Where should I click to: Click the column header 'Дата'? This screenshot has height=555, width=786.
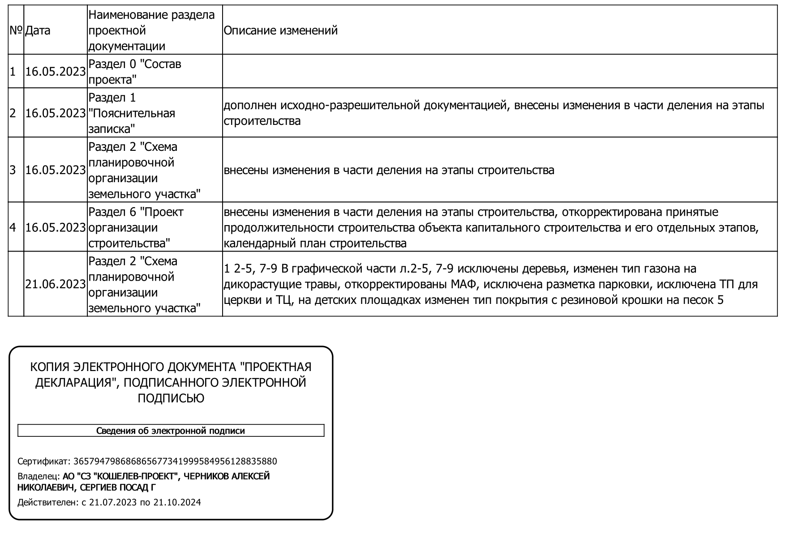click(38, 30)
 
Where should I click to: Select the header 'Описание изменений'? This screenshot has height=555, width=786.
click(280, 30)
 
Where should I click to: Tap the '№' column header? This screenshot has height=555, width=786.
click(16, 30)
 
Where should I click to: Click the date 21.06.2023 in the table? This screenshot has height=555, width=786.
click(55, 284)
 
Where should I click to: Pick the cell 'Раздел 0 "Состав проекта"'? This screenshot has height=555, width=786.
click(134, 72)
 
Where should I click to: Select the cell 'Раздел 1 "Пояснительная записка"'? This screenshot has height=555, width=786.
click(132, 113)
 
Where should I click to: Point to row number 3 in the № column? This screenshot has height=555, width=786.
click(13, 170)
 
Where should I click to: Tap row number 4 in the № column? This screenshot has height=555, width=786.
click(13, 227)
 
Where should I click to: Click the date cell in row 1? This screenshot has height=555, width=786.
click(55, 72)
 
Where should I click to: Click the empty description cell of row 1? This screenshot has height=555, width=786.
click(499, 72)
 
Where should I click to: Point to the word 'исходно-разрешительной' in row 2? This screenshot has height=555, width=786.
click(350, 106)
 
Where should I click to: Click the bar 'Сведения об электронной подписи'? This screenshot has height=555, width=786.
click(171, 431)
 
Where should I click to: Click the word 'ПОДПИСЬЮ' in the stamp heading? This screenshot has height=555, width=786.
click(171, 398)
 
